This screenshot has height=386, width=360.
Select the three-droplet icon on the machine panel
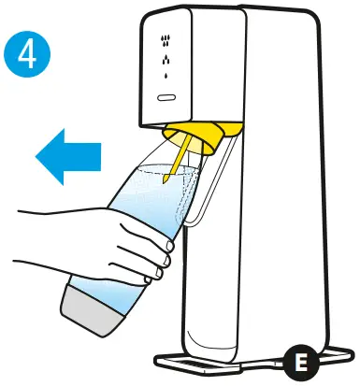pos(166,40)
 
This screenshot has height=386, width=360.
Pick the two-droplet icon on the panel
pos(166,61)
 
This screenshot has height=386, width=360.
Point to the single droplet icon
pos(166,78)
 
